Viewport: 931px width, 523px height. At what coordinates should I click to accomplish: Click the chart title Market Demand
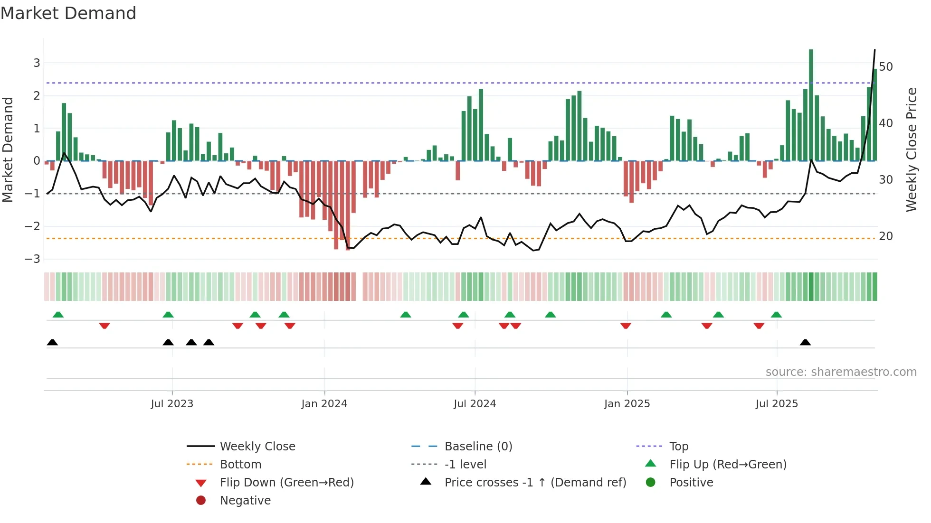click(x=68, y=13)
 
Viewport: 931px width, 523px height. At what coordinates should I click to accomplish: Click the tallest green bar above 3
click(x=811, y=104)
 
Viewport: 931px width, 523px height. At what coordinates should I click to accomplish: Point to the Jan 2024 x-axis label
click(x=324, y=404)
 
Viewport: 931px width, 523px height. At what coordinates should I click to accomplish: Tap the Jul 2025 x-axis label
click(x=777, y=404)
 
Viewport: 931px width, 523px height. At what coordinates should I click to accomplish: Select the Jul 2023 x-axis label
click(x=172, y=404)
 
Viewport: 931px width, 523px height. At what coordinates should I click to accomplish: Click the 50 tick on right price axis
click(x=886, y=67)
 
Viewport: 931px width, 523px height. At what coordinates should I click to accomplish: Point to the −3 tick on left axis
click(x=32, y=259)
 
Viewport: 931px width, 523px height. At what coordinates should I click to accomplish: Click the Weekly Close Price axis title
click(x=911, y=149)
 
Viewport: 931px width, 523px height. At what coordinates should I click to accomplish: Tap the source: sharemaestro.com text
click(x=841, y=372)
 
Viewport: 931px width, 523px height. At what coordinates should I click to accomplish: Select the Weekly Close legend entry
click(x=257, y=447)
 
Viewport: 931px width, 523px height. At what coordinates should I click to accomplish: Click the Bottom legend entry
click(x=240, y=465)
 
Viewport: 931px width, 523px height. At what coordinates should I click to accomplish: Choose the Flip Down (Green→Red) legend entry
click(x=286, y=483)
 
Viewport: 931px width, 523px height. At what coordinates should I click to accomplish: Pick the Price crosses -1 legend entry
click(x=535, y=483)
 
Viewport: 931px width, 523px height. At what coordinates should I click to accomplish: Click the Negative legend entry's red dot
click(x=201, y=501)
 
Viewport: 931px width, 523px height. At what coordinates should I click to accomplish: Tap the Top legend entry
click(x=678, y=447)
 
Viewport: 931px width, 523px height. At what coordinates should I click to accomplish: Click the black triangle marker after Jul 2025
click(x=805, y=343)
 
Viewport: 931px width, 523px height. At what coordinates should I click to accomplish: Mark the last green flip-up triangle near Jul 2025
click(x=776, y=315)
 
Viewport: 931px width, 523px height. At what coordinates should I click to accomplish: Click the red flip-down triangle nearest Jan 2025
click(x=626, y=326)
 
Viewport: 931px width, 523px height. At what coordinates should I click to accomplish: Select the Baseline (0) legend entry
click(x=478, y=447)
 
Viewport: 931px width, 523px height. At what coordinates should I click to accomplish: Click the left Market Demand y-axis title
click(x=8, y=149)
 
